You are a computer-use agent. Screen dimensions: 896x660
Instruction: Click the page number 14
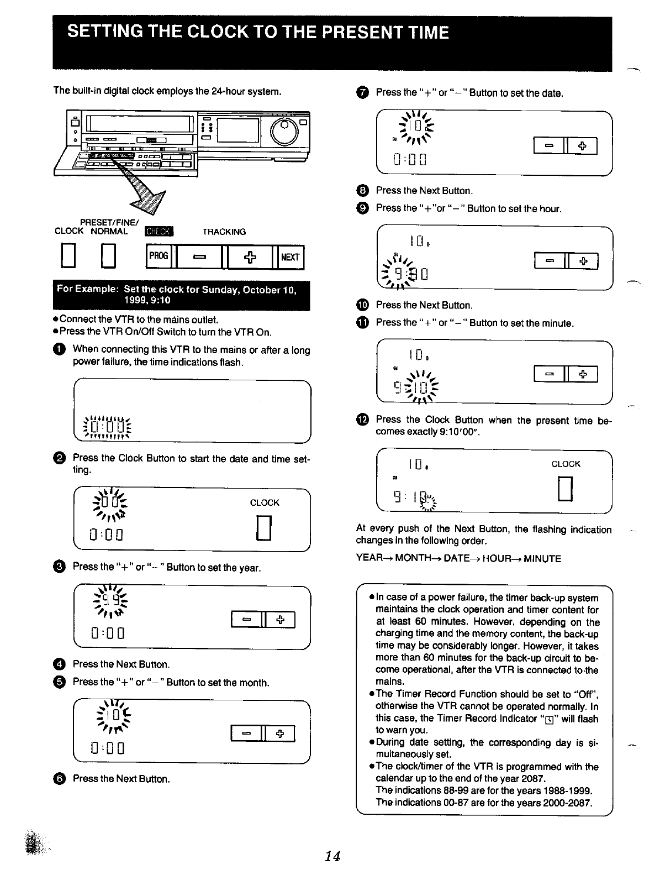coord(332,856)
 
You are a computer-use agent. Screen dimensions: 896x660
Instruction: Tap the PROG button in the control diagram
coord(159,257)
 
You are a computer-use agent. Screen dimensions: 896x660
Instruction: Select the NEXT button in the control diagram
coord(291,257)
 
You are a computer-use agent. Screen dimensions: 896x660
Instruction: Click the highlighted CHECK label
coord(159,232)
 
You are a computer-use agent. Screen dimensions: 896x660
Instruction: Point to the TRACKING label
coord(224,232)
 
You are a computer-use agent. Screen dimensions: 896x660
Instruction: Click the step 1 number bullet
coord(60,349)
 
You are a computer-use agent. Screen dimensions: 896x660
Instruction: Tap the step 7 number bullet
coord(362,93)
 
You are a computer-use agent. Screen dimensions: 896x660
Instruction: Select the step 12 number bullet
coord(362,421)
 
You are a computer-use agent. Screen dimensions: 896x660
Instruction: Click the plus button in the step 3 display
coord(281,620)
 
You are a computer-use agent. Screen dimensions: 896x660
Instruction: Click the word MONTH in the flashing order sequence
coord(413,559)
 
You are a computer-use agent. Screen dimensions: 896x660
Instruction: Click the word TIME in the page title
coord(423,33)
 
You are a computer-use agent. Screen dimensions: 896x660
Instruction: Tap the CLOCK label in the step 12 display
coord(566,464)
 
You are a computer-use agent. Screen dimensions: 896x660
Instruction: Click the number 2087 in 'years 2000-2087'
coord(580,802)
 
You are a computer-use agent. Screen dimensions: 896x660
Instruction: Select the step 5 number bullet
coord(60,682)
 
